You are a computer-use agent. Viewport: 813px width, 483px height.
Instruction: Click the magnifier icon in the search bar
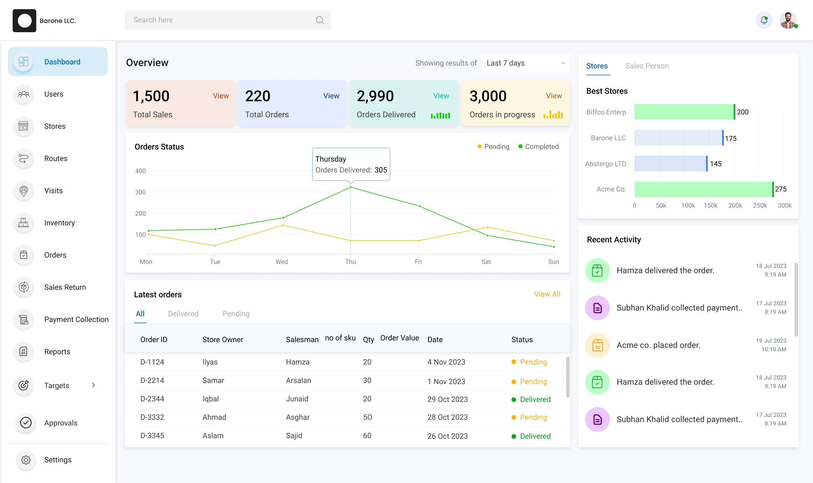[320, 20]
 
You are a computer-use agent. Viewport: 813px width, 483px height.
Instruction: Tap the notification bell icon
[764, 20]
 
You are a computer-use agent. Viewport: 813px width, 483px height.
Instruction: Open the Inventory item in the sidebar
[59, 223]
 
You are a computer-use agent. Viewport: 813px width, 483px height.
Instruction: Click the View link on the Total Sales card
[221, 96]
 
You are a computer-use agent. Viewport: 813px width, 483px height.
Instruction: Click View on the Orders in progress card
[554, 96]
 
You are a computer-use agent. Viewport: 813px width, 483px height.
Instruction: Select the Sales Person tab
[647, 66]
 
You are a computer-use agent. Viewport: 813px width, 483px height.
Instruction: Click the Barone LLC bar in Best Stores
[679, 138]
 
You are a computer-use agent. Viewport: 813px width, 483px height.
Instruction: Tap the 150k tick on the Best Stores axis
[710, 206]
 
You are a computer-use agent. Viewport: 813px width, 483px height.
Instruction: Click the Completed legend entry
[538, 147]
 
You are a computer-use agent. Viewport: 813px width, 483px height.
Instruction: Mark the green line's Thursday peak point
[351, 187]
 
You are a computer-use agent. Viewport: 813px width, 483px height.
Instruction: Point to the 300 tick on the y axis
[140, 192]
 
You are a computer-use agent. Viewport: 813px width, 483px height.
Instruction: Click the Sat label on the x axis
[486, 262]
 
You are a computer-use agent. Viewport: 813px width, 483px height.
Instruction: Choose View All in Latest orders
[547, 294]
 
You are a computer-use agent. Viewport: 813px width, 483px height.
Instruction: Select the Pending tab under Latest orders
[236, 314]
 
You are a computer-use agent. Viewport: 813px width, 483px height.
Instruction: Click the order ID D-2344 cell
[152, 399]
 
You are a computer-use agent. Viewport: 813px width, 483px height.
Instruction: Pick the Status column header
[522, 340]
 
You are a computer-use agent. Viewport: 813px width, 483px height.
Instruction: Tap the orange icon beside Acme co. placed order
[597, 345]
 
